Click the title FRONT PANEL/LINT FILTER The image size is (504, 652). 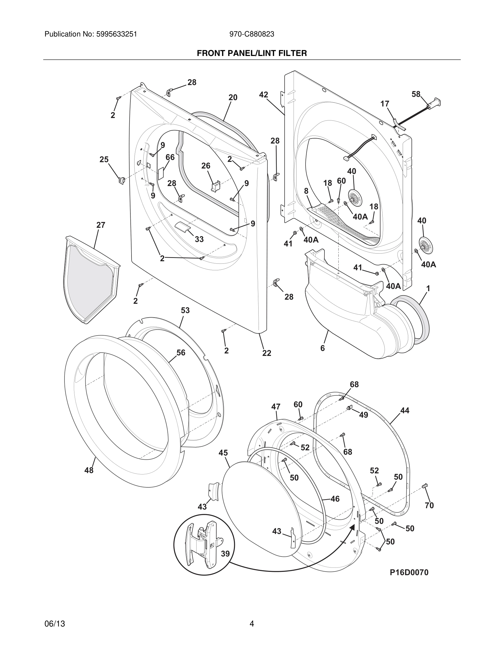[x=252, y=53]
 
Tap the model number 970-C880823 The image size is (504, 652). [x=251, y=34]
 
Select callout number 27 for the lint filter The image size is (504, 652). [x=101, y=225]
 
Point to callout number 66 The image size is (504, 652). [x=170, y=157]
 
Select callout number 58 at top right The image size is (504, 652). [x=416, y=94]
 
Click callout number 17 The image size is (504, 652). [x=385, y=104]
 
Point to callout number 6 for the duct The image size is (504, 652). [x=323, y=348]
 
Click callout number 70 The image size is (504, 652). [x=429, y=505]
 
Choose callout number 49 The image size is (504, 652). [x=363, y=415]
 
